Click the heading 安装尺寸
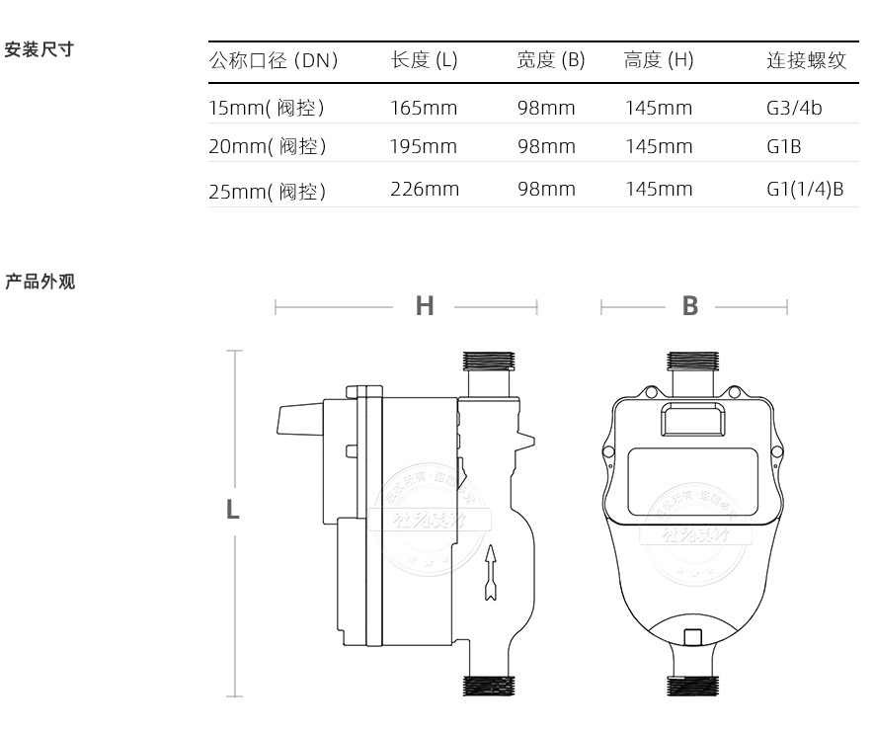[40, 48]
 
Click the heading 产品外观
[40, 283]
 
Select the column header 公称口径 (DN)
[274, 60]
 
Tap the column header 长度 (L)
[424, 60]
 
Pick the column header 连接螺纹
[806, 60]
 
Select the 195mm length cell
[424, 147]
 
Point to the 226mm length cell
[425, 189]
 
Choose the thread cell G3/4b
[794, 108]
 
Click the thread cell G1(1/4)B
[805, 189]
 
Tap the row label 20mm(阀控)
[267, 147]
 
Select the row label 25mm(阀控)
[267, 191]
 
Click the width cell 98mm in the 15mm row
[545, 108]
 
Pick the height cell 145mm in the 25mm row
[659, 189]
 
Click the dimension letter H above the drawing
[425, 306]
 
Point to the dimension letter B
[690, 306]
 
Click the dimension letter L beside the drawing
[233, 510]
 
